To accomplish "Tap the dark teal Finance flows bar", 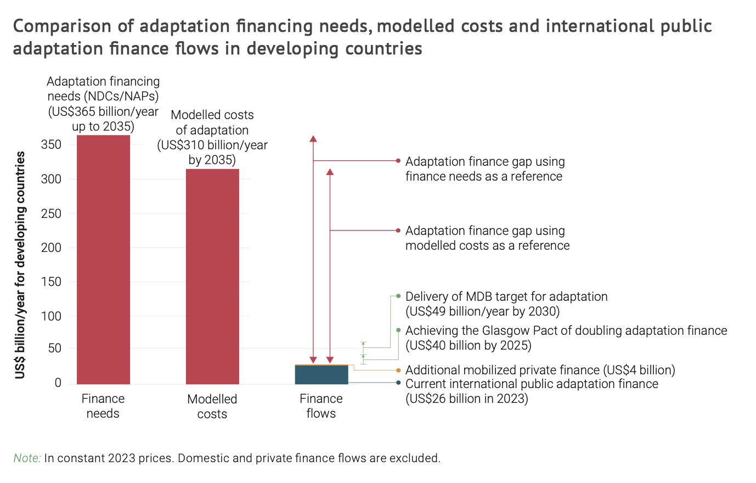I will click(x=321, y=375).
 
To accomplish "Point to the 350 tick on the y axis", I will click(x=51, y=145).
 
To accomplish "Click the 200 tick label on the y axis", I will click(x=51, y=248).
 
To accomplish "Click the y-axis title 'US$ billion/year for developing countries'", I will click(x=20, y=265).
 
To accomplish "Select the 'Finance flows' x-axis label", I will click(x=321, y=406).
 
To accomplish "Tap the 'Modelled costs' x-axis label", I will click(x=212, y=407).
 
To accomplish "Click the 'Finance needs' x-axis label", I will click(x=103, y=406).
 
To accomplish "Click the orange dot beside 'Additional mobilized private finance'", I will click(x=398, y=370).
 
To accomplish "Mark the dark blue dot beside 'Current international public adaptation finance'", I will click(x=398, y=383).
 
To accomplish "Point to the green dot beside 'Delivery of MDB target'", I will click(x=399, y=296).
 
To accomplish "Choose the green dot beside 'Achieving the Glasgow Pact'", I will click(x=399, y=330).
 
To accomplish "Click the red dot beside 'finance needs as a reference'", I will click(x=398, y=161).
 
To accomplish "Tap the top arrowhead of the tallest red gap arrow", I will click(x=313, y=139).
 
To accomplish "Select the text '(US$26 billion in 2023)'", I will click(x=466, y=399).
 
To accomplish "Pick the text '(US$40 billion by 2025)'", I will click(x=468, y=346).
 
